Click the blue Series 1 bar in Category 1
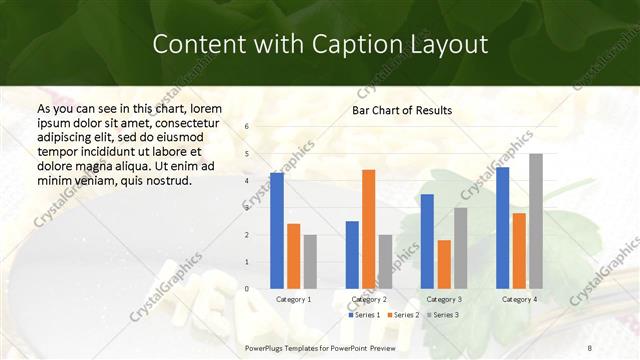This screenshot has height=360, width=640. click(x=277, y=231)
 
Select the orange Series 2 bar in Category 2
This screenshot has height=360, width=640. click(x=368, y=229)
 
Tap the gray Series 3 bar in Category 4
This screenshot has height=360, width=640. click(x=536, y=221)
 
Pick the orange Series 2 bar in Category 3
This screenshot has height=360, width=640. click(x=444, y=264)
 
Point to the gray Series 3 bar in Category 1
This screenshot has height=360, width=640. click(x=310, y=262)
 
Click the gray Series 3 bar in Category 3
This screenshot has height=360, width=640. click(x=460, y=248)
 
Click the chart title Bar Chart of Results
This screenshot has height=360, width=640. click(x=402, y=110)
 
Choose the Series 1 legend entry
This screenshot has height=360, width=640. click(x=366, y=315)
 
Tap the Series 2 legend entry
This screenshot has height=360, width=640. click(x=403, y=315)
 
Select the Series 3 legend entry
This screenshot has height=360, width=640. click(x=441, y=315)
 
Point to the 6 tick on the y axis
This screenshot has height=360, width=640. click(x=247, y=127)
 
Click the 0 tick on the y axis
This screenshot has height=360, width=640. click(x=247, y=289)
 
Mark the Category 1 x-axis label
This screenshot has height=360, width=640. click(x=293, y=299)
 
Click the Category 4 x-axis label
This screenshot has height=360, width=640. click(x=519, y=299)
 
